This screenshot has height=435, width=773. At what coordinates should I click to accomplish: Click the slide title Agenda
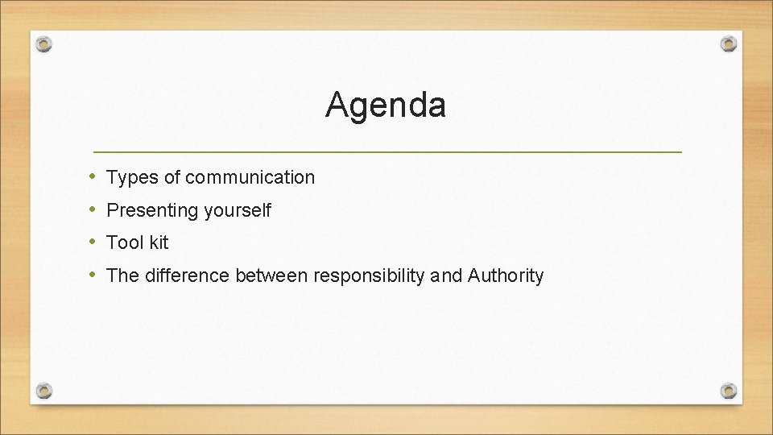coord(386,106)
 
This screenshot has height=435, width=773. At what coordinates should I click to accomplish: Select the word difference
coord(187,276)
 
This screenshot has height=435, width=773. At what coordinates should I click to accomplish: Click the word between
coord(271,276)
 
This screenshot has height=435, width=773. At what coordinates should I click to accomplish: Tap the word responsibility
coord(370,276)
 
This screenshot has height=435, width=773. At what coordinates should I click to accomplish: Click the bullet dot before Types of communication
coord(94,176)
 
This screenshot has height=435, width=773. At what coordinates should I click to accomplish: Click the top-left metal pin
coord(45,43)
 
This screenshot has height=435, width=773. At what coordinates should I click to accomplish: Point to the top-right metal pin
coord(728,43)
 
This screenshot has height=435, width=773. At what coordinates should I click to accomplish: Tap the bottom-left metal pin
coord(45,391)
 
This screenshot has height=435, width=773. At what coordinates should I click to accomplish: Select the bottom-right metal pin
coord(728,391)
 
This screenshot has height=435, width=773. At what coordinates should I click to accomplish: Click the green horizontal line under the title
coord(387,151)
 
